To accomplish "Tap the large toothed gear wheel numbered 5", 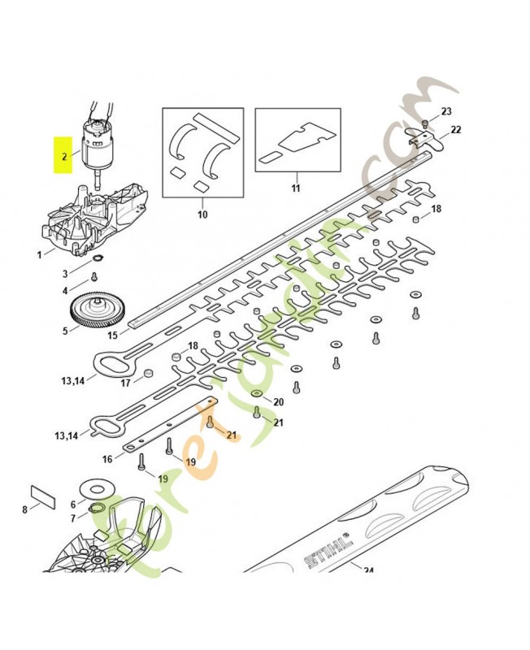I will pos(96,311).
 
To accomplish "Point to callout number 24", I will pos(367,570).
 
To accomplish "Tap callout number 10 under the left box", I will pos(202,214).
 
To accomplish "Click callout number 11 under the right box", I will pos(296,188).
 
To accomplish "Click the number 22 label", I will pos(455,129).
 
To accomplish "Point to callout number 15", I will pos(112,335).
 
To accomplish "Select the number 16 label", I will pos(107,459).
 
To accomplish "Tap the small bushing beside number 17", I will pos(148,374).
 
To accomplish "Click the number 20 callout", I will pos(278,402).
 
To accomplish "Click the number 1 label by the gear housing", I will pos(39,255).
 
